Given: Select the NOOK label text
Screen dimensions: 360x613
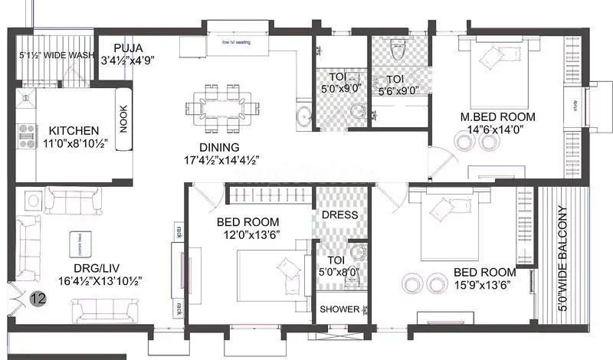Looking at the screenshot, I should (123, 119).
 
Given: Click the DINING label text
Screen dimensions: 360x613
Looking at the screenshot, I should (218, 147).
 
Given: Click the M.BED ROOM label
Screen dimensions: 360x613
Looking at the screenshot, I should (497, 117).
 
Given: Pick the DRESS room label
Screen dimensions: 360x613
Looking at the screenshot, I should (339, 214).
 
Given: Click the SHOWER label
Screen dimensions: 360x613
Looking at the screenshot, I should (339, 310).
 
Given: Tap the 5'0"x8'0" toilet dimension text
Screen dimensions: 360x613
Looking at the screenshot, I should (339, 272).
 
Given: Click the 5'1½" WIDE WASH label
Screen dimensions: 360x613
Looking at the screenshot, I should (57, 56).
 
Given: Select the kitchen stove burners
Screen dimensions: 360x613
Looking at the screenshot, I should (26, 136).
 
